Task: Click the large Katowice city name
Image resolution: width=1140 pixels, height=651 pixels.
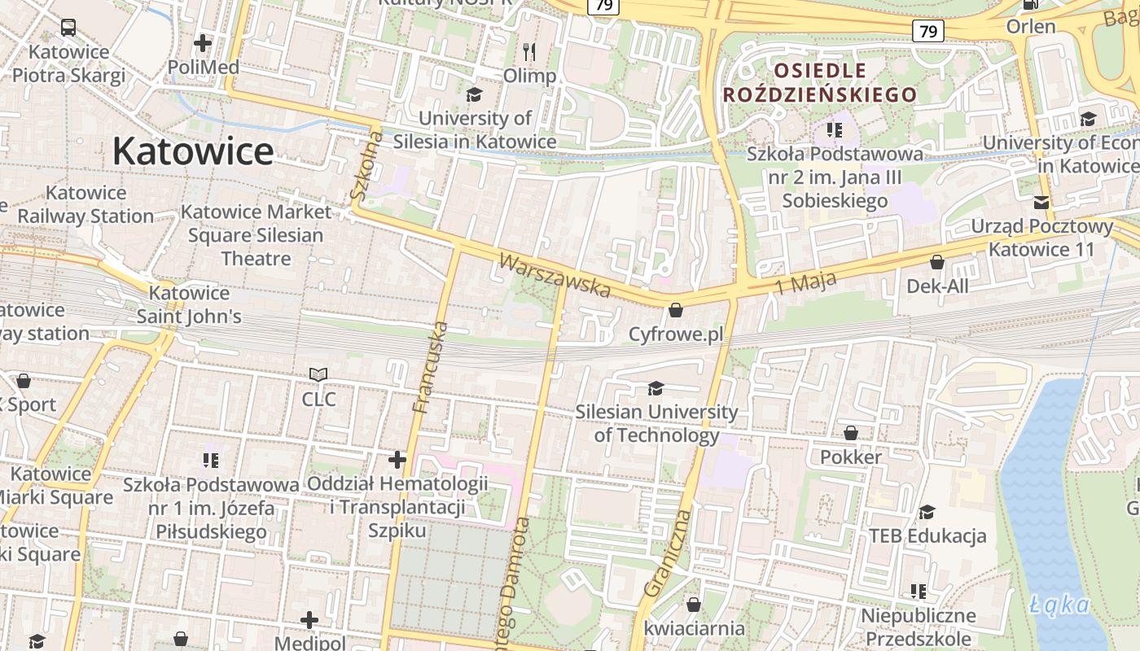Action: tap(193, 151)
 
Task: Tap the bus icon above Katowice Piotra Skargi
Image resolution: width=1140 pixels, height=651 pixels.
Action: tap(68, 28)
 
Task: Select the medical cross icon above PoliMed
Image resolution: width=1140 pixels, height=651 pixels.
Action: tap(203, 42)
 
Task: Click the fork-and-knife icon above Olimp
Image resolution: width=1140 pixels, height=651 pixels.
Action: tap(529, 52)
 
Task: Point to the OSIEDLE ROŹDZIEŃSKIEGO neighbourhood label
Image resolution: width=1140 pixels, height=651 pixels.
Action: tap(820, 82)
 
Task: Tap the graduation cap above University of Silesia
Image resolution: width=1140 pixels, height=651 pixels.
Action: tap(474, 95)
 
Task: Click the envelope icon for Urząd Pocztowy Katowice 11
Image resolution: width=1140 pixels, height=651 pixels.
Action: tap(1041, 203)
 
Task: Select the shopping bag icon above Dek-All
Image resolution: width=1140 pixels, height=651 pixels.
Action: tap(937, 262)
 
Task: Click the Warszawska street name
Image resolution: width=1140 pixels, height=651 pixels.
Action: tap(555, 276)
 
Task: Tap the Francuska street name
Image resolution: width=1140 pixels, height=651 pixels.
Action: tap(431, 367)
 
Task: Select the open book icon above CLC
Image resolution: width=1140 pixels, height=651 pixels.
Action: tap(318, 375)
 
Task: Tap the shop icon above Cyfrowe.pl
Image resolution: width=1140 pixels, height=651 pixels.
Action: tap(675, 310)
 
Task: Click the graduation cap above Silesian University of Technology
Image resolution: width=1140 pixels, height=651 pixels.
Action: tap(655, 388)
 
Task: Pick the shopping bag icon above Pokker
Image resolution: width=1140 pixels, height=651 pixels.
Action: tap(851, 433)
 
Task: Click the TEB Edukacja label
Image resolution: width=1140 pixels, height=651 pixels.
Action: tap(927, 535)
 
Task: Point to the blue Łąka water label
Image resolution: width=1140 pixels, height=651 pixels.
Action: tap(1059, 605)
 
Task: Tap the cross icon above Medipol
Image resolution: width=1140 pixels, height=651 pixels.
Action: tap(309, 620)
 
